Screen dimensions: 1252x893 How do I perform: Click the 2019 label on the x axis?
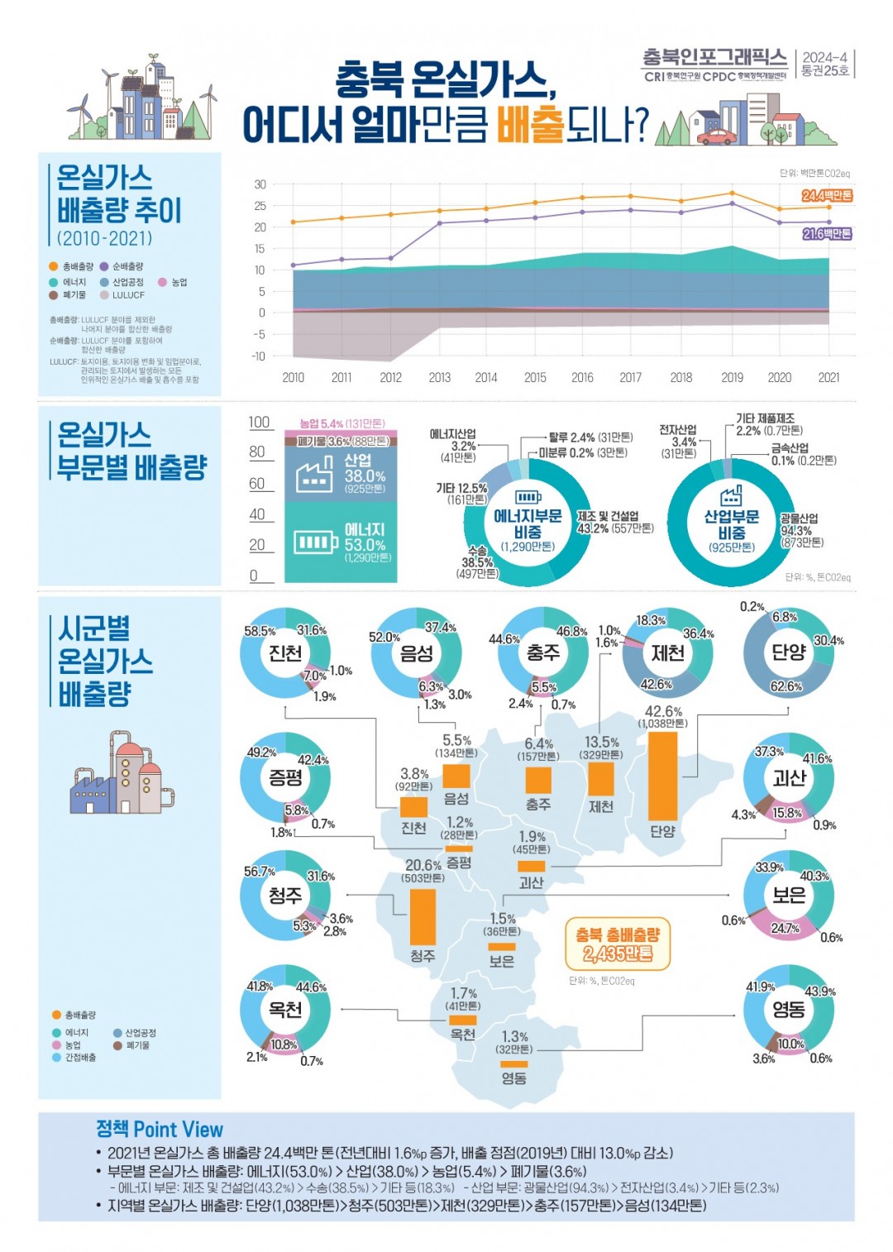pos(732,378)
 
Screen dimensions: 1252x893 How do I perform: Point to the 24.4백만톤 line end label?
pos(826,196)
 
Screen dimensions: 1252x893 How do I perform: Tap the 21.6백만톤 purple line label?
pos(826,234)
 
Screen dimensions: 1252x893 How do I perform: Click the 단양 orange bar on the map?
pos(662,776)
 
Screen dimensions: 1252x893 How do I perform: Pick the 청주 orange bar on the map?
pos(423,916)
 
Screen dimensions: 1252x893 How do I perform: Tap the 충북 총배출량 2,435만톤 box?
pos(618,944)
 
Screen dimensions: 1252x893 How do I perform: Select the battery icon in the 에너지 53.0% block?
pos(316,542)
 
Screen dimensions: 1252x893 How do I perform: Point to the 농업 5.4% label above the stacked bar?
pos(341,424)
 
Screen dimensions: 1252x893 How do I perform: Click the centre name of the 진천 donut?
pos(285,653)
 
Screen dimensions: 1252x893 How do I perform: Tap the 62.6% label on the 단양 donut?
pos(786,686)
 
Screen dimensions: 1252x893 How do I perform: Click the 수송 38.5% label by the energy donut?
pos(477,561)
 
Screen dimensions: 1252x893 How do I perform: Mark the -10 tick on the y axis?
pos(259,356)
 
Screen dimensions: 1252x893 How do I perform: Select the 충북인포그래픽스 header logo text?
pos(714,57)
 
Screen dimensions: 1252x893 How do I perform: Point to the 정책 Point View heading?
pos(160,1130)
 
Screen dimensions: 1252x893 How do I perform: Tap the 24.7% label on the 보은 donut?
pos(785,929)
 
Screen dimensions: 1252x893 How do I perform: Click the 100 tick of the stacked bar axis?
pos(260,423)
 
